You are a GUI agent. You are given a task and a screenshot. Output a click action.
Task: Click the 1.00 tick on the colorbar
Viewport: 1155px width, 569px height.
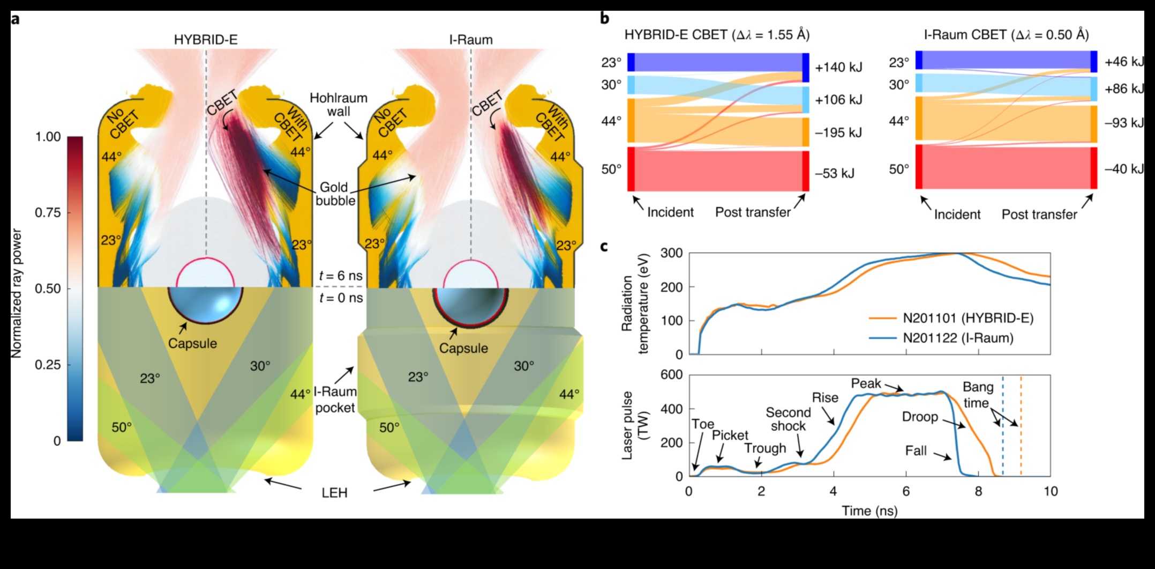48,137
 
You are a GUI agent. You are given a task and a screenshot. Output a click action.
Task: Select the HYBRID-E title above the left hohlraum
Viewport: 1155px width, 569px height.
206,40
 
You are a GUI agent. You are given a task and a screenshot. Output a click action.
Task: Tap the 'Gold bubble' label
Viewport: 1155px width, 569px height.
335,194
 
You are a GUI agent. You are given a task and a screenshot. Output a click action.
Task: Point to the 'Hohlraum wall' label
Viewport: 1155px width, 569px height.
339,105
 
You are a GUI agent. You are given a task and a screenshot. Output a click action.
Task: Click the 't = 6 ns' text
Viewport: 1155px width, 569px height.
341,276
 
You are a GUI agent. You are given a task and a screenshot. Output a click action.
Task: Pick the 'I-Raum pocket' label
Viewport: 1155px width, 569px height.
335,400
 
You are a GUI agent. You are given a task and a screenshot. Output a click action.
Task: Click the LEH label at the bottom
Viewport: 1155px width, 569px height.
334,492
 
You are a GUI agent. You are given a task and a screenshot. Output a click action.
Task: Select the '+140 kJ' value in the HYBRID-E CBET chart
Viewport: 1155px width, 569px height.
838,68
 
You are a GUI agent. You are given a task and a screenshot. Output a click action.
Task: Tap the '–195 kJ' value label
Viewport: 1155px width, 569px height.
838,132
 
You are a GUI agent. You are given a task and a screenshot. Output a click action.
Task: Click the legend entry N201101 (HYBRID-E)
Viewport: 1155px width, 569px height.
967,318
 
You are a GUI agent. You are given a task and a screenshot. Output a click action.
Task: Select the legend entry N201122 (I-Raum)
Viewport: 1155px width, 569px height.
958,338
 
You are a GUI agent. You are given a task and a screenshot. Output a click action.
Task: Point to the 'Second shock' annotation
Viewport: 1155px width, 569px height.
788,419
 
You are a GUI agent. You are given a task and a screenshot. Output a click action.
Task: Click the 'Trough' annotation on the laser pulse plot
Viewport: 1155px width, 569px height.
765,448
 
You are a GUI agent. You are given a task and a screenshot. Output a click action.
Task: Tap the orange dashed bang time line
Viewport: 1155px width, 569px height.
1021,429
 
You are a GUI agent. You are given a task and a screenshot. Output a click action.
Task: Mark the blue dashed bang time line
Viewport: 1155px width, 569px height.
1003,429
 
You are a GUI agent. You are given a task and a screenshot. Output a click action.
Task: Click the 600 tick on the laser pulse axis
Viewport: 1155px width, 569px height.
672,375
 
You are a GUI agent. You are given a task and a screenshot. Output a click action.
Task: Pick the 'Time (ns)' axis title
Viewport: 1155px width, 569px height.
869,511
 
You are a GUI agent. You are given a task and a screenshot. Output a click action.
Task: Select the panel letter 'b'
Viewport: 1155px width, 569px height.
605,18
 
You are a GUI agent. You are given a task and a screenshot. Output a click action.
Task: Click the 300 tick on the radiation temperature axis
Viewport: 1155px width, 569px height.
672,253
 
